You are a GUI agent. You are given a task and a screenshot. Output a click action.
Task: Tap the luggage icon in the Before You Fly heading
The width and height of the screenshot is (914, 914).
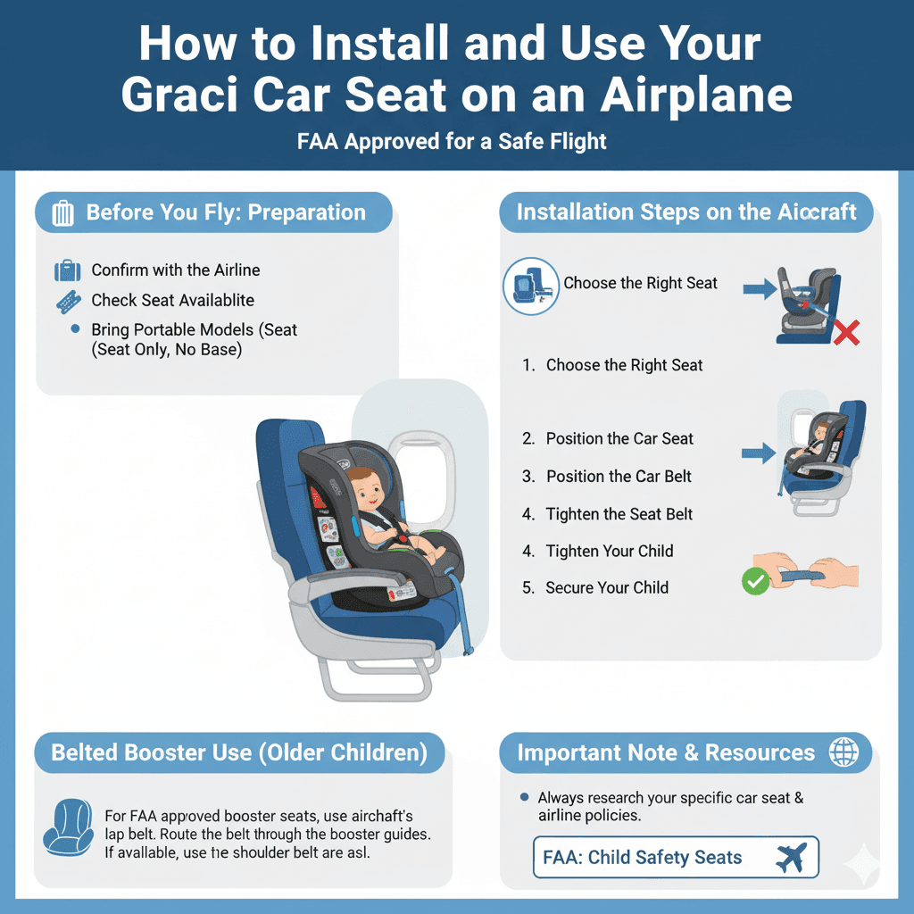(63, 213)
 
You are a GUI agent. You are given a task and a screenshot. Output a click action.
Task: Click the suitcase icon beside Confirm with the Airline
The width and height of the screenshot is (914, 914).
(68, 270)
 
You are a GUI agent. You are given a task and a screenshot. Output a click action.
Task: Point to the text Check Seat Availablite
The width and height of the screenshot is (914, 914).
(173, 300)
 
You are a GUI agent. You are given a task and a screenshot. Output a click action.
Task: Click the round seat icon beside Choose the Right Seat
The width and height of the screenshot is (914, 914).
(531, 286)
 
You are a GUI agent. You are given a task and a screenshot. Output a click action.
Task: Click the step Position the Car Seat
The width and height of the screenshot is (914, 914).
(619, 438)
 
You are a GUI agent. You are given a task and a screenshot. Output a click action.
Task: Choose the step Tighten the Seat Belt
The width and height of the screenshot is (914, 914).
(619, 514)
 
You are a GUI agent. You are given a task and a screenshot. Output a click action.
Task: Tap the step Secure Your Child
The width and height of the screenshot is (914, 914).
(607, 587)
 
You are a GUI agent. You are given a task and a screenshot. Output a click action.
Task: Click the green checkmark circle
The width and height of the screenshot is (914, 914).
(755, 583)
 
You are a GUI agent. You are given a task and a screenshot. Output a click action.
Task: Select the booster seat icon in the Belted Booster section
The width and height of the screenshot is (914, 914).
(68, 826)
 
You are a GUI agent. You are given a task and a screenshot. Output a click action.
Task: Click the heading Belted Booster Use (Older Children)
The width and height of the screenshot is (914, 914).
(239, 752)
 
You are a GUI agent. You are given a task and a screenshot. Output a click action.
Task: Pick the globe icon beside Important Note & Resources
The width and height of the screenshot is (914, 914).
(843, 752)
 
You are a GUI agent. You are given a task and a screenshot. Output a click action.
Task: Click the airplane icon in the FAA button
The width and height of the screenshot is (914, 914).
(791, 858)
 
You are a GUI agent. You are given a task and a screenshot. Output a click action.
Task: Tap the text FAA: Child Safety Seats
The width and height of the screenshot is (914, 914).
(643, 858)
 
